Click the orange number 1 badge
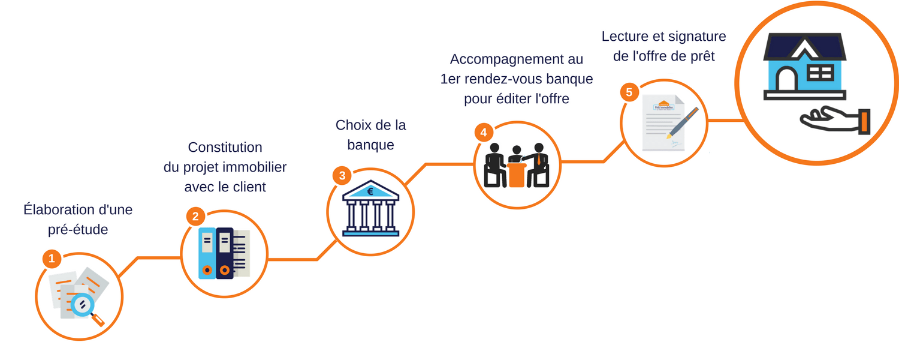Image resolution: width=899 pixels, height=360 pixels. click(52, 259)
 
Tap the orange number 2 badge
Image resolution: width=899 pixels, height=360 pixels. click(195, 217)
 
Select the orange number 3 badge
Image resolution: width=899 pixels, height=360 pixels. click(342, 176)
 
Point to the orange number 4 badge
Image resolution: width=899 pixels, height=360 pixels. click(484, 133)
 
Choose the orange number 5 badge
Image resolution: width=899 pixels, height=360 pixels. click(629, 92)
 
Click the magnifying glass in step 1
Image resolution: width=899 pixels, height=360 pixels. click(86, 310)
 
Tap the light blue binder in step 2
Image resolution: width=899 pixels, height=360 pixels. click(207, 253)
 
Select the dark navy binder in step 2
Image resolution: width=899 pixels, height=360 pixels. click(225, 253)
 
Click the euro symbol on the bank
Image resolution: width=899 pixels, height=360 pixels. click(370, 191)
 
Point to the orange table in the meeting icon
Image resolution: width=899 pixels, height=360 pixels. click(517, 175)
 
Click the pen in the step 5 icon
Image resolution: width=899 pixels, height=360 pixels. click(682, 123)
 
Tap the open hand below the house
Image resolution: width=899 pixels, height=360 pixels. click(835, 120)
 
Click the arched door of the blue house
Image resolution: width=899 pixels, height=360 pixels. click(786, 79)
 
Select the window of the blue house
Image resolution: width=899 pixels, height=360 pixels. click(820, 73)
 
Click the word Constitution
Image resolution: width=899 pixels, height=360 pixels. click(225, 148)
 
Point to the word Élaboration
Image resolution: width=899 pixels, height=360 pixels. click(60, 209)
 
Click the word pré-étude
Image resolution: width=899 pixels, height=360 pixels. click(78, 229)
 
